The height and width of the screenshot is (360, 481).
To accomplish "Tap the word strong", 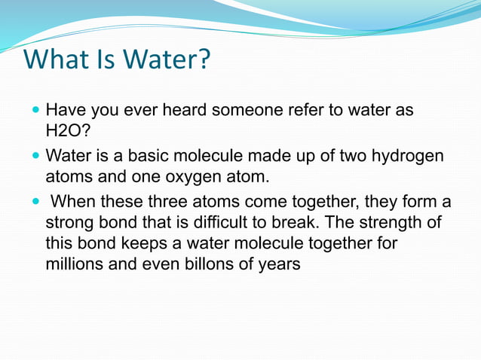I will pos(69,224).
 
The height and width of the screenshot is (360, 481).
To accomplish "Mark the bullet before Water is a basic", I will pos(36,157).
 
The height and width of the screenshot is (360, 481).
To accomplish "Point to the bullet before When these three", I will pos(36,202).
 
